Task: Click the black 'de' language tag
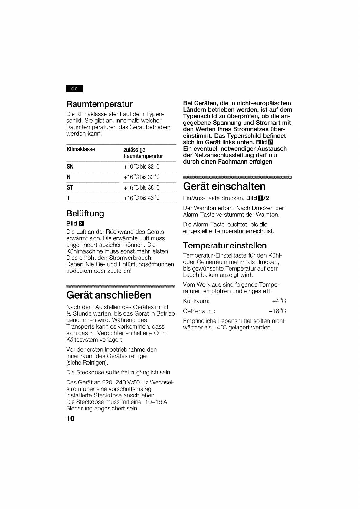pyautogui.click(x=74, y=89)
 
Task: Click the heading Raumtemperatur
pyautogui.click(x=99, y=104)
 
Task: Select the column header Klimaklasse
pyautogui.click(x=81, y=149)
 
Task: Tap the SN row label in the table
pyautogui.click(x=70, y=167)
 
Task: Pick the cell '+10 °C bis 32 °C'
pyautogui.click(x=141, y=167)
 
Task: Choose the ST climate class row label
pyautogui.click(x=70, y=188)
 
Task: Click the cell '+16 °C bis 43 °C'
pyautogui.click(x=141, y=198)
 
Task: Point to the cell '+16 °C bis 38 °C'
pyautogui.click(x=141, y=188)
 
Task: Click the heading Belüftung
pyautogui.click(x=85, y=214)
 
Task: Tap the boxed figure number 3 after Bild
pyautogui.click(x=81, y=224)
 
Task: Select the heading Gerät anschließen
pyautogui.click(x=109, y=295)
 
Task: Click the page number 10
pyautogui.click(x=70, y=419)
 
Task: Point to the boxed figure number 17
pyautogui.click(x=270, y=142)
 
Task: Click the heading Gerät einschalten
pyautogui.click(x=224, y=186)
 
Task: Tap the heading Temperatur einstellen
pyautogui.click(x=225, y=245)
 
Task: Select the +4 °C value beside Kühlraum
pyautogui.click(x=279, y=301)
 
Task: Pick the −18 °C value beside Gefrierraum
pyautogui.click(x=277, y=311)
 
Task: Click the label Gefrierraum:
pyautogui.click(x=199, y=311)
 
